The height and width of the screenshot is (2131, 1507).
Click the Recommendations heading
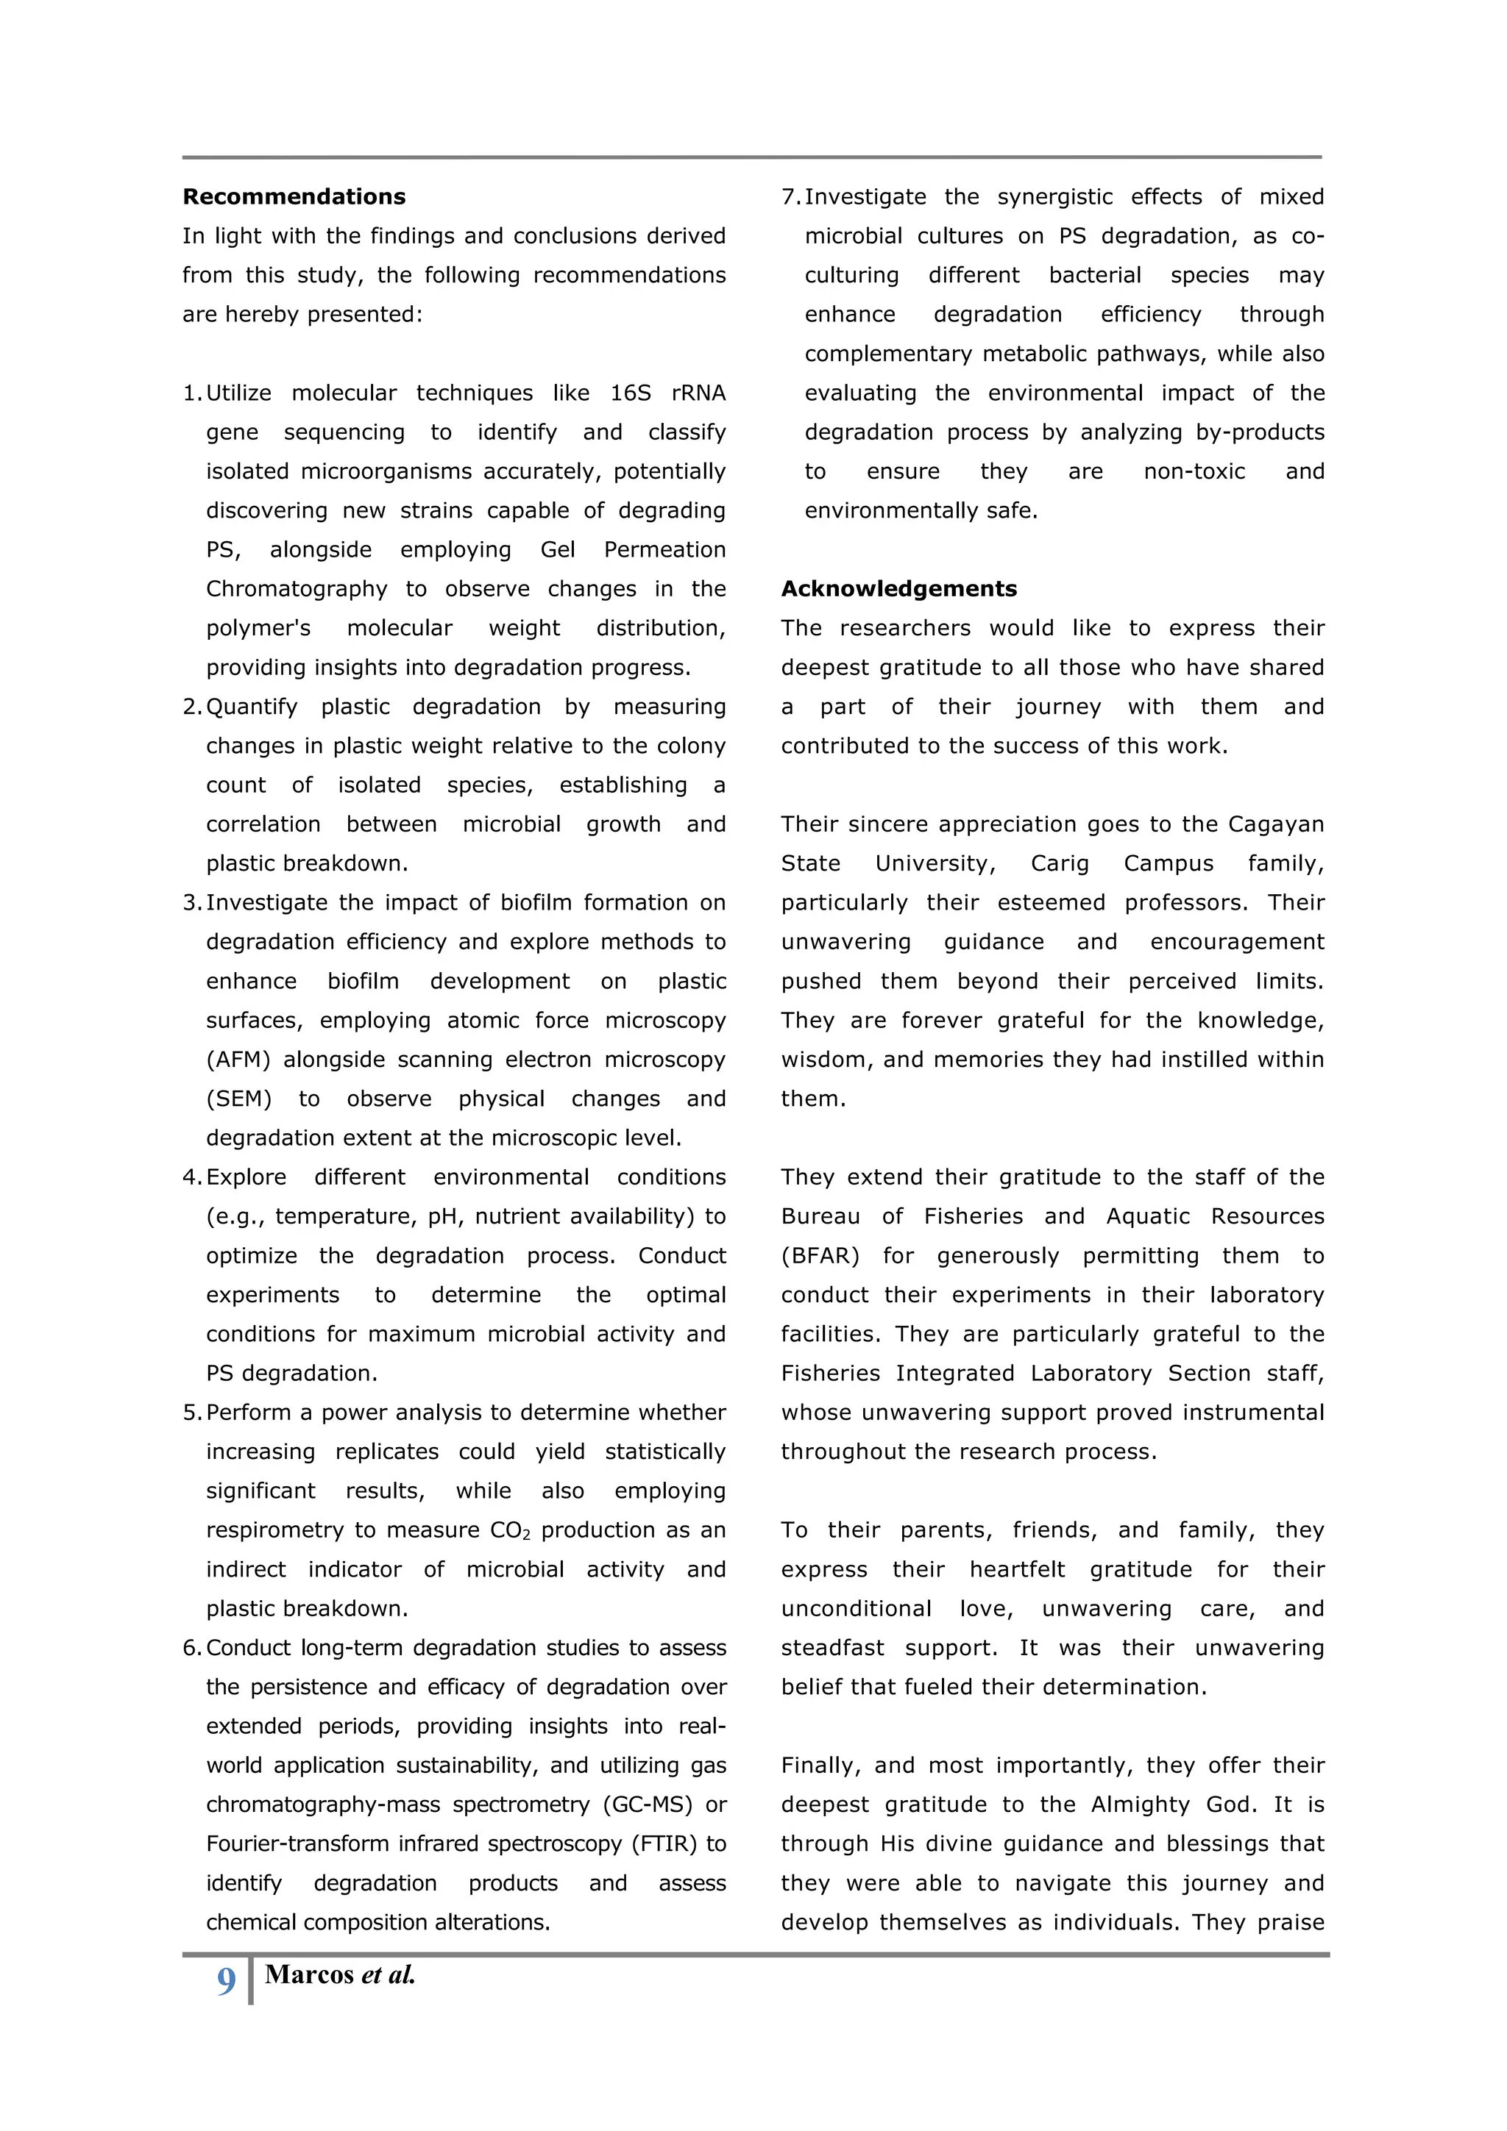pyautogui.click(x=294, y=197)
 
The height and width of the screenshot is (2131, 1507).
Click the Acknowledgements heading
pyautogui.click(x=898, y=588)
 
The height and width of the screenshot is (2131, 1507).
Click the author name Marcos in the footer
pyautogui.click(x=308, y=1974)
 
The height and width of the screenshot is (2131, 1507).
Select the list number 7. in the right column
pyautogui.click(x=790, y=197)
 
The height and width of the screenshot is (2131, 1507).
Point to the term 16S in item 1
pyautogui.click(x=631, y=393)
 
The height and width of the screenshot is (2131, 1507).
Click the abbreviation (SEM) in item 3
pyautogui.click(x=238, y=1098)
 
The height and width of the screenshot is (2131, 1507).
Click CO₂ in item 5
pyautogui.click(x=510, y=1530)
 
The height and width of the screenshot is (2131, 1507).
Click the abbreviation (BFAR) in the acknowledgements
pyautogui.click(x=820, y=1256)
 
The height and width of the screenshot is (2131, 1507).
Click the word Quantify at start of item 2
pyautogui.click(x=251, y=707)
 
